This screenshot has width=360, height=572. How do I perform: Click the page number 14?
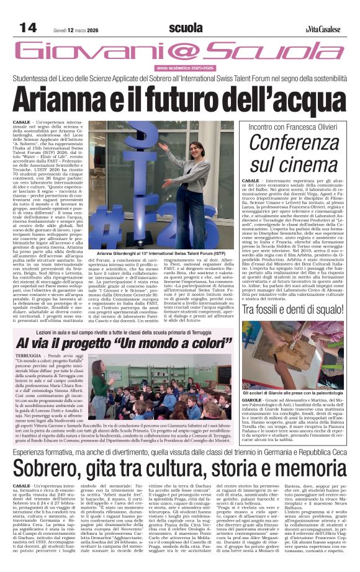(29, 27)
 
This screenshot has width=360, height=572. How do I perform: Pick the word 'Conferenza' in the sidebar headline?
(294, 143)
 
